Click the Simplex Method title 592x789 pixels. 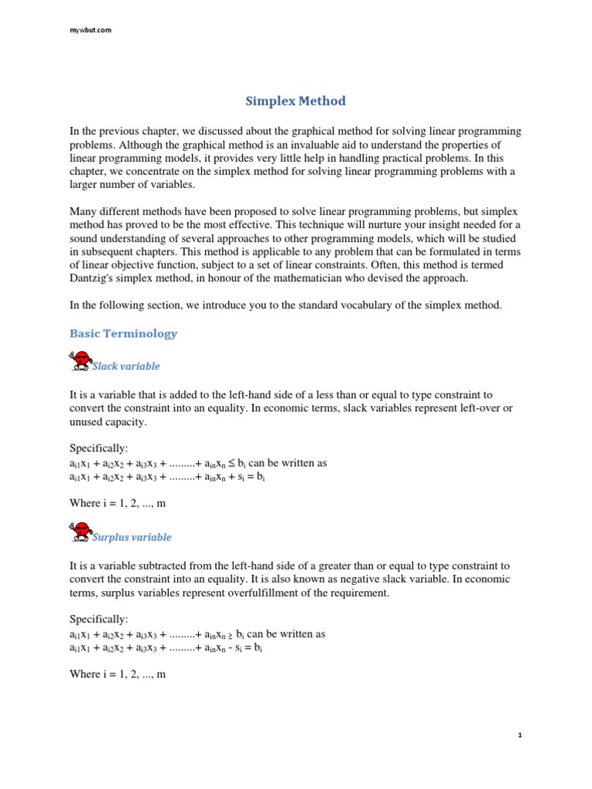pyautogui.click(x=295, y=101)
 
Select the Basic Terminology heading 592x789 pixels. pyautogui.click(x=123, y=334)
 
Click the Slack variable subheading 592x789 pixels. pyautogui.click(x=126, y=366)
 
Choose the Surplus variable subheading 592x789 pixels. pyautogui.click(x=132, y=537)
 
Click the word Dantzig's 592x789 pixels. pyautogui.click(x=94, y=278)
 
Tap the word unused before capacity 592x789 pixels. pyautogui.click(x=86, y=421)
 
